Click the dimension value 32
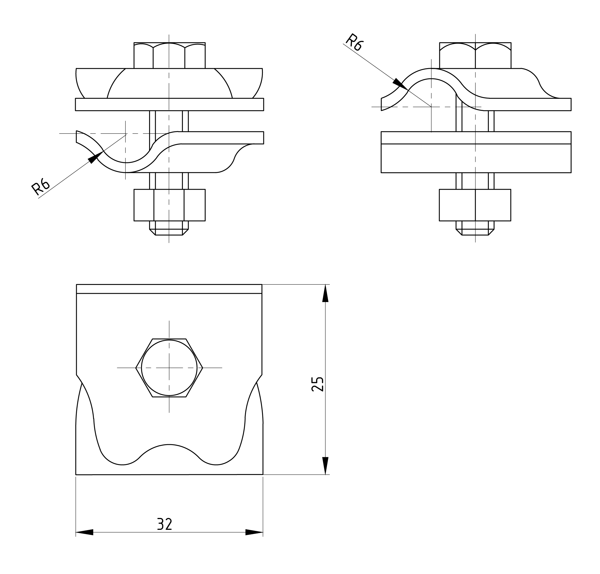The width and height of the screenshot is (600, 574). pyautogui.click(x=164, y=524)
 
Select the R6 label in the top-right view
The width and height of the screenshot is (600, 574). pyautogui.click(x=354, y=42)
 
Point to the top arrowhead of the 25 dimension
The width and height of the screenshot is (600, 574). pyautogui.click(x=325, y=293)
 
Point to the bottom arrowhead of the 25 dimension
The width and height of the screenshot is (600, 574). pyautogui.click(x=325, y=466)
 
